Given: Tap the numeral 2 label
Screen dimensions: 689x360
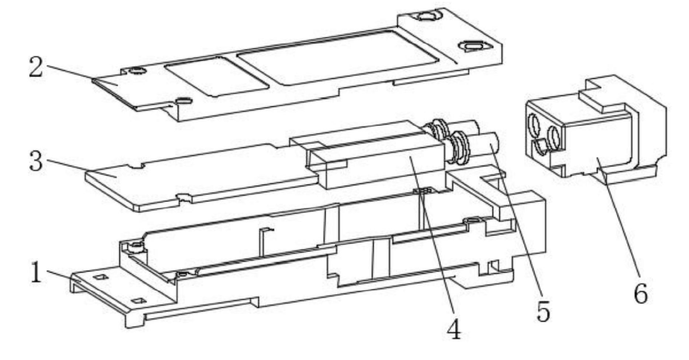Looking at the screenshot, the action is (36, 66).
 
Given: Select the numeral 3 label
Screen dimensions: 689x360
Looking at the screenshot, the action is (35, 161).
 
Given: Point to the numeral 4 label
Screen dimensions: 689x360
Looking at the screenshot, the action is (454, 329).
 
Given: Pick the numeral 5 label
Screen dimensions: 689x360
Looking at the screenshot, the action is (543, 311).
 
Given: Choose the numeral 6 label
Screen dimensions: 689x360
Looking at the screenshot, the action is (641, 293).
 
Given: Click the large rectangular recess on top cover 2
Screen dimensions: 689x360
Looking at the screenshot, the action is (338, 57).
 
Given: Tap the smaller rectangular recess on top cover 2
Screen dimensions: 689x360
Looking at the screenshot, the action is (217, 77).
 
